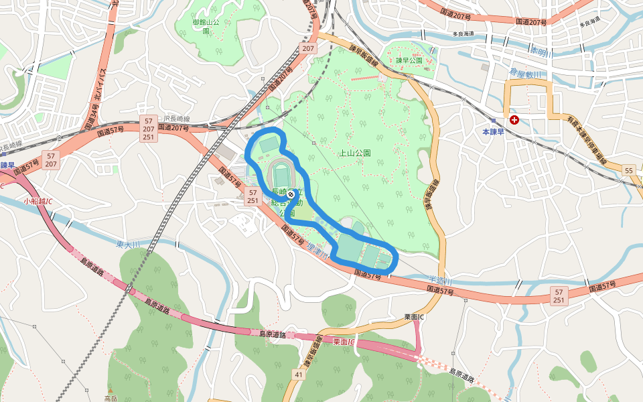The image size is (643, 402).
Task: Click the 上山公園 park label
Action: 355,153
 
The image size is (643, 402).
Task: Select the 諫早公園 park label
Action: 409,60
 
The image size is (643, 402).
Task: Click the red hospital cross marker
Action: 514,120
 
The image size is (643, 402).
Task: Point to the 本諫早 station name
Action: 496,132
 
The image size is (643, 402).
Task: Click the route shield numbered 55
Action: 628,172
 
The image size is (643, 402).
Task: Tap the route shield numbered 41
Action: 298,375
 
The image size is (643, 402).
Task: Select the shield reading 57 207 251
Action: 149,128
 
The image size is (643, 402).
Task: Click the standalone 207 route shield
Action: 308,49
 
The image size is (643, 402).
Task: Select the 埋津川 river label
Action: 319,251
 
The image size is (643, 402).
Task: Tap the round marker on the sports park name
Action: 291,193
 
